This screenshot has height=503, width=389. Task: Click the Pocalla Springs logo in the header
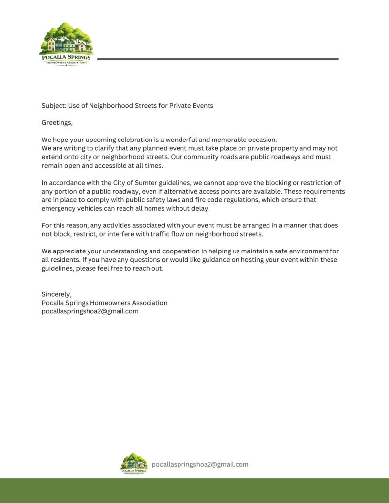pyautogui.click(x=66, y=44)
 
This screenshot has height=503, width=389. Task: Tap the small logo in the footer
pyautogui.click(x=134, y=464)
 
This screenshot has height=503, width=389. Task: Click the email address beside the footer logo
pyautogui.click(x=200, y=464)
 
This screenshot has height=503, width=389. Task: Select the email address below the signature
pyautogui.click(x=90, y=311)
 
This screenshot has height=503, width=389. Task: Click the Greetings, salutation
pyautogui.click(x=57, y=122)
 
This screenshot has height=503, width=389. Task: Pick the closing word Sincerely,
pyautogui.click(x=57, y=294)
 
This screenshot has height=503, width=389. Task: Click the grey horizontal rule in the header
pyautogui.click(x=218, y=59)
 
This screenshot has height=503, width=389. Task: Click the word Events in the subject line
pyautogui.click(x=202, y=106)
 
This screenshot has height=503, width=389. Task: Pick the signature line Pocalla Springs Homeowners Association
pyautogui.click(x=104, y=303)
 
